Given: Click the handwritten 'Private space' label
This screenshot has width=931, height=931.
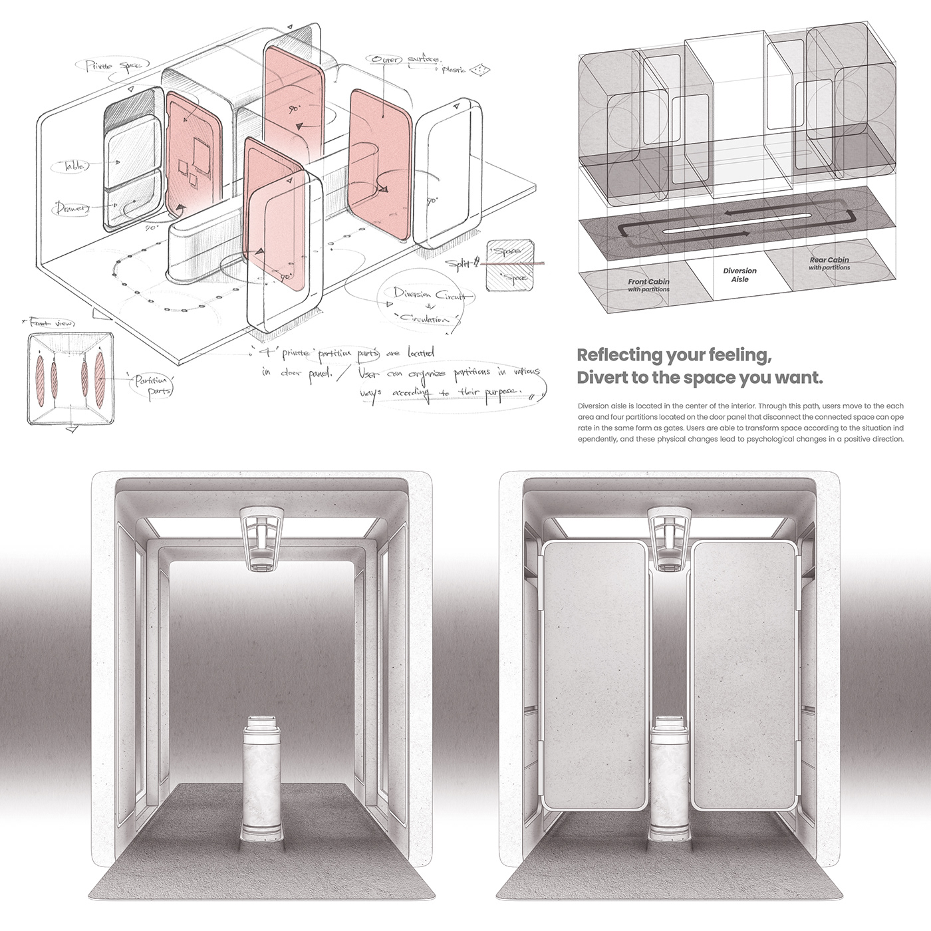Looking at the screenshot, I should (106, 66).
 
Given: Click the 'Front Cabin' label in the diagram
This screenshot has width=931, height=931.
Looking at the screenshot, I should (648, 285).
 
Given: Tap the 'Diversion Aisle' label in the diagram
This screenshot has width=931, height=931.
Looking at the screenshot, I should (739, 275).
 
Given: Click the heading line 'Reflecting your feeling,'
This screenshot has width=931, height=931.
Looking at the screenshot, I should (674, 355).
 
